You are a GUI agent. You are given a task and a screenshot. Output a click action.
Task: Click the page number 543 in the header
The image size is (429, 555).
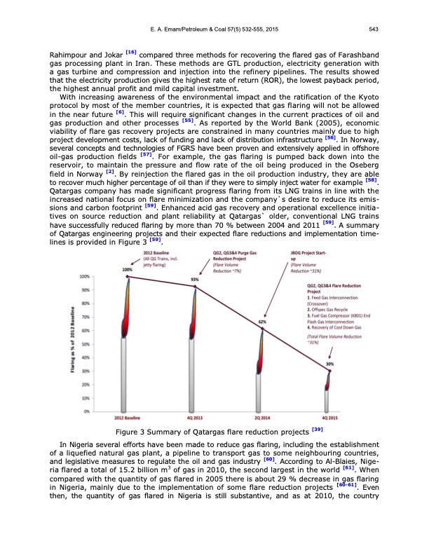[375, 29]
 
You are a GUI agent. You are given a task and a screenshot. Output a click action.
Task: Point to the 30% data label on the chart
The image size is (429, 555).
[329, 364]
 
